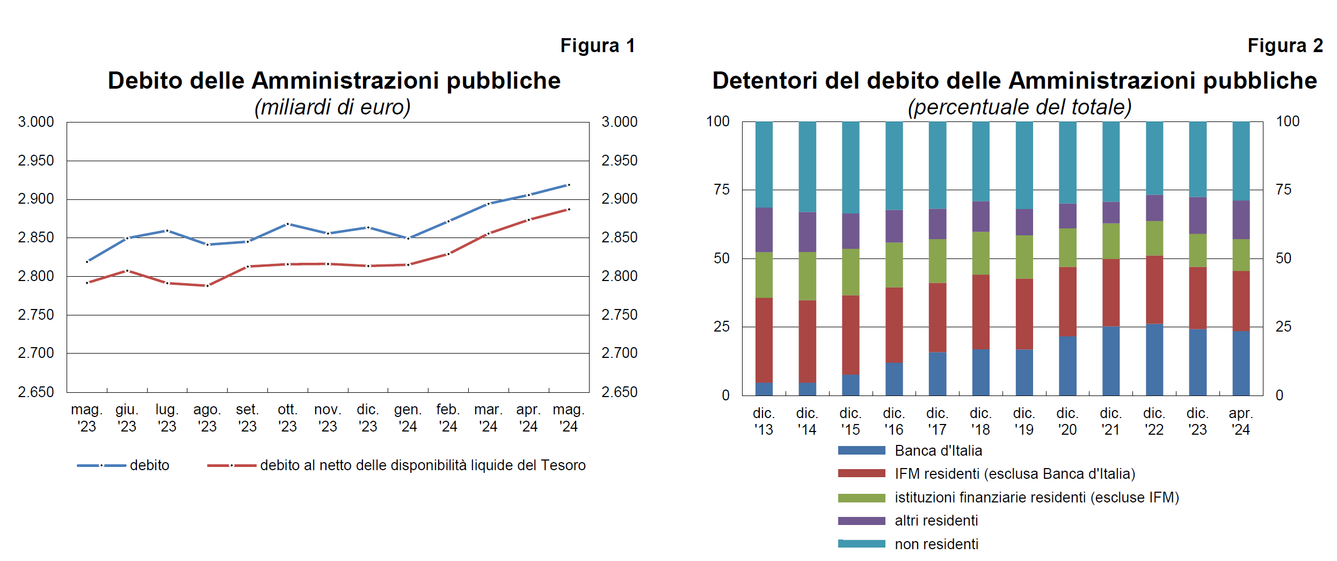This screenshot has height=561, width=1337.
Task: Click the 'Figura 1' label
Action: pyautogui.click(x=597, y=46)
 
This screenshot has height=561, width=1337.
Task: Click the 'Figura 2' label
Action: pyautogui.click(x=1284, y=46)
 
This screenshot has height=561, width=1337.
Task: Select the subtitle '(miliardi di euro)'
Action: pyautogui.click(x=332, y=107)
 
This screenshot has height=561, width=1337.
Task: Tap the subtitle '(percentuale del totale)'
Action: pyautogui.click(x=1019, y=107)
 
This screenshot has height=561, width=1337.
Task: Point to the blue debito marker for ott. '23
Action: pyautogui.click(x=288, y=224)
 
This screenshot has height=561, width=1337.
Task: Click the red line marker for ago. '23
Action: pyautogui.click(x=207, y=285)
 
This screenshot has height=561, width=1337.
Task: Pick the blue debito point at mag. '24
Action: pyautogui.click(x=569, y=185)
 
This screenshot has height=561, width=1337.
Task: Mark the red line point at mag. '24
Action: pyautogui.click(x=569, y=209)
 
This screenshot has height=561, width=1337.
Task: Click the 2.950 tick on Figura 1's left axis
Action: pyautogui.click(x=36, y=161)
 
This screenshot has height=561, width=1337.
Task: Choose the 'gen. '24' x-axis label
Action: pyautogui.click(x=408, y=418)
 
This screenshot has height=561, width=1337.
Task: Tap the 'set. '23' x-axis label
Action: pyautogui.click(x=248, y=418)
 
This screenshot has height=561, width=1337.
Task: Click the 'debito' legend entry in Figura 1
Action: pyautogui.click(x=149, y=465)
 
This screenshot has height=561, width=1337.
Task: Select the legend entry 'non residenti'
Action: pyautogui.click(x=936, y=544)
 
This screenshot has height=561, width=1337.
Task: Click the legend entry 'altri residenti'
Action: pyautogui.click(x=936, y=521)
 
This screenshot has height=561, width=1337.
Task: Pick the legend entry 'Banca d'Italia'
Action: pyautogui.click(x=938, y=451)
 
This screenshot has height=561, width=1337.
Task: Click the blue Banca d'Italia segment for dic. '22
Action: pyautogui.click(x=1154, y=359)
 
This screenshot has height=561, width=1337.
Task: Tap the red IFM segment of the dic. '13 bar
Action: pyautogui.click(x=764, y=340)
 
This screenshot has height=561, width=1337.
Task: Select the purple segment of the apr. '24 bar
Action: pyautogui.click(x=1241, y=220)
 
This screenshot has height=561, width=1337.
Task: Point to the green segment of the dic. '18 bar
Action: pyautogui.click(x=981, y=253)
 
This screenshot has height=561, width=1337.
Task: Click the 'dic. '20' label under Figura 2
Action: pyautogui.click(x=1067, y=421)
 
